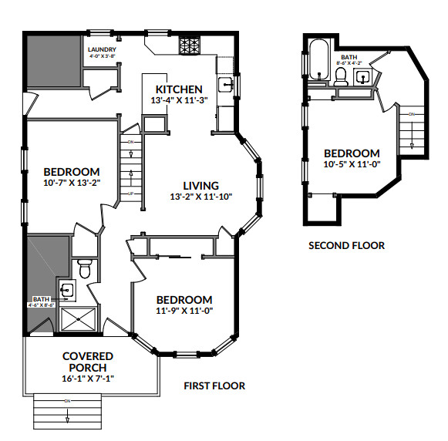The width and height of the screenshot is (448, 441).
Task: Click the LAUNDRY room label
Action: tap(103, 49)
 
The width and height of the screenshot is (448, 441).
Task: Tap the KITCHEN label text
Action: tap(179, 89)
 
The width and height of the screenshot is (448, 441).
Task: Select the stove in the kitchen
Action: tap(189, 45)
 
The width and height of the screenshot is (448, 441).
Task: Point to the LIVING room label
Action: tap(200, 185)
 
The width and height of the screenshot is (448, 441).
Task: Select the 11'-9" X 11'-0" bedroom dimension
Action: tap(184, 311)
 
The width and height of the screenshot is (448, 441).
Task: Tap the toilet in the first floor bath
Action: tap(85, 268)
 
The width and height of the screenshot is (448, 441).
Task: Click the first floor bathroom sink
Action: tap(67, 291)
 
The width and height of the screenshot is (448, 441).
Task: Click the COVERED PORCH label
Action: tap(87, 362)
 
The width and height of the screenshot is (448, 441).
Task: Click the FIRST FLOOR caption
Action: tap(214, 385)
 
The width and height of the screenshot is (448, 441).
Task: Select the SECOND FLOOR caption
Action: tap(346, 246)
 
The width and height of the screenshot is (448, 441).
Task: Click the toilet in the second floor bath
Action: tap(340, 76)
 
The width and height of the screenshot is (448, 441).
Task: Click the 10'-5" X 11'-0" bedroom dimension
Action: tap(352, 164)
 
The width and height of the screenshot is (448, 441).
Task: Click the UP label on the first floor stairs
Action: tap(131, 194)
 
